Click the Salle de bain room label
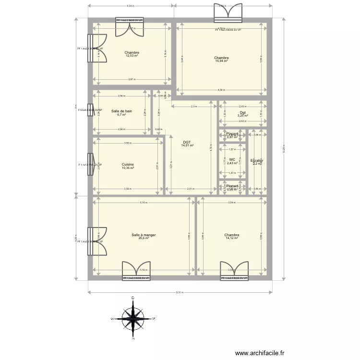pyautogui.click(x=121, y=111)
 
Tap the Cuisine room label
pyautogui.click(x=128, y=164)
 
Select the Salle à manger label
pyautogui.click(x=144, y=235)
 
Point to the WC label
pyautogui.click(x=232, y=159)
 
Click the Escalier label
pyautogui.click(x=257, y=160)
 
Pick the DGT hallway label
pyautogui.click(x=187, y=142)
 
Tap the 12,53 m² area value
pyautogui.click(x=132, y=56)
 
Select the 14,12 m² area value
pyautogui.click(x=232, y=238)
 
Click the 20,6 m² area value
pyautogui.click(x=144, y=238)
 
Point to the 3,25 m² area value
pyautogui.click(x=242, y=116)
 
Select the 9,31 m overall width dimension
pyautogui.click(x=180, y=292)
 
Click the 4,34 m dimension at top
pyautogui.click(x=130, y=6)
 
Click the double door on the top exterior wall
pyautogui.click(x=229, y=13)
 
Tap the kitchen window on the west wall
pyautogui.click(x=90, y=165)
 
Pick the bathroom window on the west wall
pyautogui.click(x=90, y=110)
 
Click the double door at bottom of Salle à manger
pyautogui.click(x=136, y=270)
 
